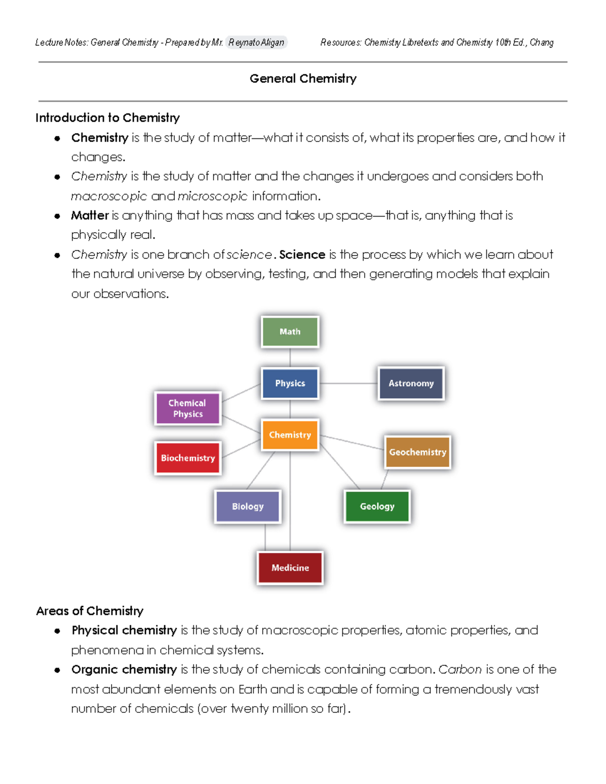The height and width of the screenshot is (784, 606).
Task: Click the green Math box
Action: pos(290,332)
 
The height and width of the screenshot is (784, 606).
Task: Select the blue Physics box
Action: pos(290,383)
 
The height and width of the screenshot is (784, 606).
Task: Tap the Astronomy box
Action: pos(411,383)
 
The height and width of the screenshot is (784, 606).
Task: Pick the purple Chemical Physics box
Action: pos(187,408)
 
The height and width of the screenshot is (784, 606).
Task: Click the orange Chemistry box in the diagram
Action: pos(290,435)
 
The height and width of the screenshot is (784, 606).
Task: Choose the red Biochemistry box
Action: pos(188,458)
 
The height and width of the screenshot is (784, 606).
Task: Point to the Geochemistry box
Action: pos(417,452)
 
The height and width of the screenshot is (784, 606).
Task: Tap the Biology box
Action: pos(247,506)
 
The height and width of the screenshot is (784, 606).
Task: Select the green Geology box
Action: pos(377,506)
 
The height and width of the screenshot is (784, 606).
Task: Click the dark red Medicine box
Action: pos(290,568)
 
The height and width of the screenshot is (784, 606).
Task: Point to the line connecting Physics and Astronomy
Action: pos(348,383)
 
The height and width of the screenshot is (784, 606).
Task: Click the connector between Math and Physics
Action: pos(290,357)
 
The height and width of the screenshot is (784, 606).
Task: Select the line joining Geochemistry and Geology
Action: pos(385,479)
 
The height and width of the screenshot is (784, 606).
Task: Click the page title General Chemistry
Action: pos(303,79)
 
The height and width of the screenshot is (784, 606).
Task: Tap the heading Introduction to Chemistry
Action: pos(108,118)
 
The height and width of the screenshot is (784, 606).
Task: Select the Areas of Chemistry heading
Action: pos(90,611)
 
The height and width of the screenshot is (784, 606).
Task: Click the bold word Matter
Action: pos(90,216)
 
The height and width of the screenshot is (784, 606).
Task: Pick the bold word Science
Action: pos(302,254)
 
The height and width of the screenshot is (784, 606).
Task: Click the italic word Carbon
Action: pos(460,669)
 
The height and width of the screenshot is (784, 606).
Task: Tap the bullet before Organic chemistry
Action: pos(58,670)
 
